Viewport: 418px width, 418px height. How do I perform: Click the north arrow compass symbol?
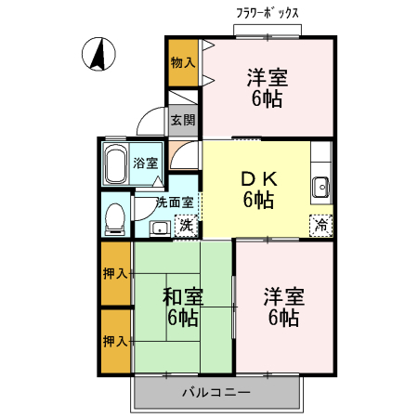[x=97, y=55]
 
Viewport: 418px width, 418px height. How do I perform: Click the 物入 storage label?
[x=183, y=62]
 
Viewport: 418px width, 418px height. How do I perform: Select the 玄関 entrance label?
[x=183, y=119]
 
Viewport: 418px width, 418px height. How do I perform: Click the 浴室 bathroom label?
[x=146, y=163]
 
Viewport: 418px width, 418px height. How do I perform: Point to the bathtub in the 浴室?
[x=116, y=164]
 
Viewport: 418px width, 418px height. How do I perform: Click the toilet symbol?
[x=114, y=216]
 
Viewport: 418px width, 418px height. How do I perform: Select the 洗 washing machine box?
[x=186, y=224]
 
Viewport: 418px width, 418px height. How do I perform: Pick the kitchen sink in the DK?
[x=321, y=186]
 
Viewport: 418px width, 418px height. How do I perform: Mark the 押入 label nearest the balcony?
[x=115, y=341]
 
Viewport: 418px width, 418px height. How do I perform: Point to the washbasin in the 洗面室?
[x=159, y=227]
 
